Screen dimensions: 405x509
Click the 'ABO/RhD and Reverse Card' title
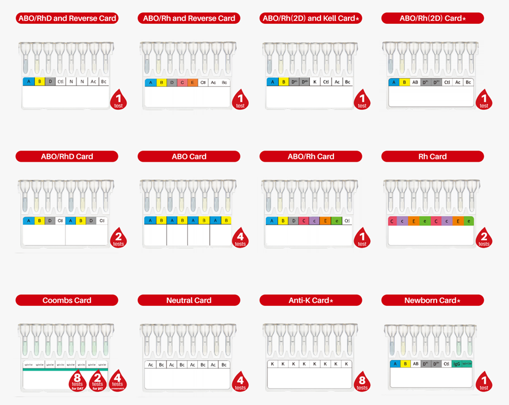pos(67,18)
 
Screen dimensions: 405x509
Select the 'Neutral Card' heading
pos(189,300)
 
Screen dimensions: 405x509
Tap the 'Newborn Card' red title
pos(433,301)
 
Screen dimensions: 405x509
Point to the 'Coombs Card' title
pos(67,300)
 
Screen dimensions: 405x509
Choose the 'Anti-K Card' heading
pos(311,301)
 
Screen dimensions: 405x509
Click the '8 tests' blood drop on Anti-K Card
pos(362,382)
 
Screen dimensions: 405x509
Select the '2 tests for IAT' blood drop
pos(97,382)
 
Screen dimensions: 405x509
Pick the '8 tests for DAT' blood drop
pos(78,382)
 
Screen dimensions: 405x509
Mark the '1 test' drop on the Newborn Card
pos(484,382)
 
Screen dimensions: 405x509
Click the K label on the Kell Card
pos(315,82)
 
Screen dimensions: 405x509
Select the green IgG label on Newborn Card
pos(457,364)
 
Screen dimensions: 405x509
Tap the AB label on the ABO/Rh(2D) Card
pos(414,82)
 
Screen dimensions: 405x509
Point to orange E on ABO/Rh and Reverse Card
pos(193,82)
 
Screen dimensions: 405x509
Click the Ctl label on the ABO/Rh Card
pos(347,221)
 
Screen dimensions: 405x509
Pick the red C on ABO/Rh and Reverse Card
pos(182,82)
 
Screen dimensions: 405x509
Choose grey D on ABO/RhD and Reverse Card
pos(50,82)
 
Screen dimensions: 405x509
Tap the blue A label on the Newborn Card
pos(394,364)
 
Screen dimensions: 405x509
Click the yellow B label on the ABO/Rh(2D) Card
pos(404,82)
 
